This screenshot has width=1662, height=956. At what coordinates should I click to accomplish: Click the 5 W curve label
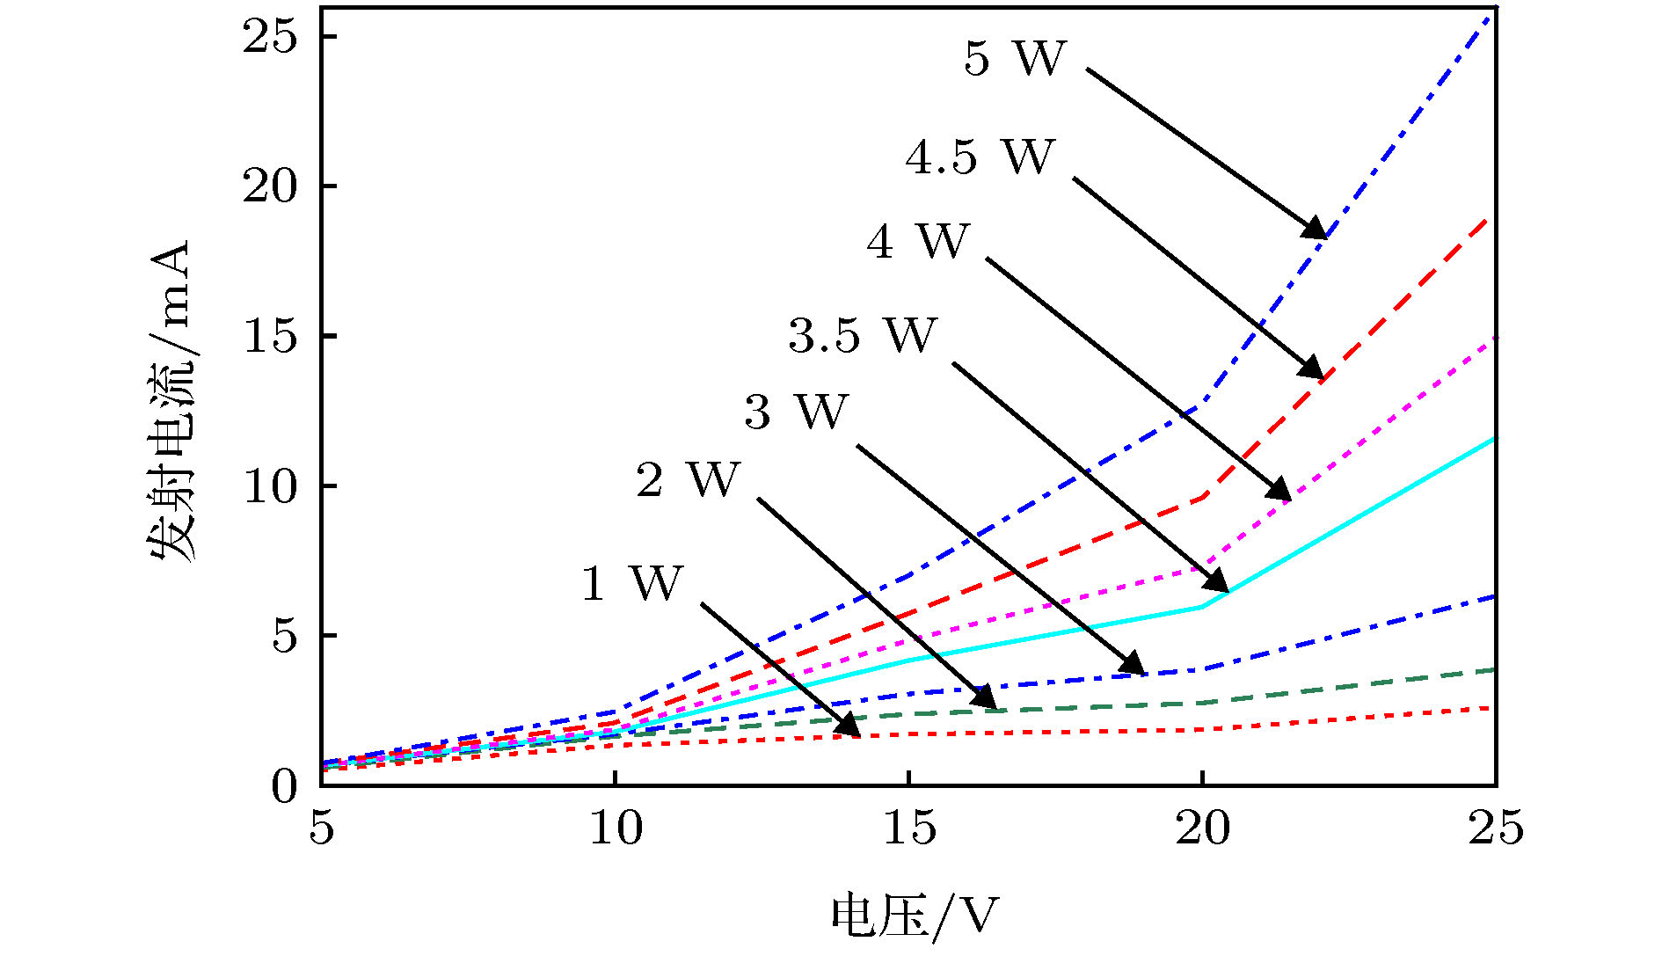[1014, 59]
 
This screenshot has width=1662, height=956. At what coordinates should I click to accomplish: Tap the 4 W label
[917, 241]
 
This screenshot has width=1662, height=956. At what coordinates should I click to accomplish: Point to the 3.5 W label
[863, 336]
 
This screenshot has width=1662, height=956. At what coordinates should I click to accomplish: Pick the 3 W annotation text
[796, 412]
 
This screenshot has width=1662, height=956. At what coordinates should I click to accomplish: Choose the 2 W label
[688, 480]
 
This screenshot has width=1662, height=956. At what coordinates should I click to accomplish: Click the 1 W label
[631, 583]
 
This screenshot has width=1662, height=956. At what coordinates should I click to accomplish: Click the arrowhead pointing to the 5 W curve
[1316, 230]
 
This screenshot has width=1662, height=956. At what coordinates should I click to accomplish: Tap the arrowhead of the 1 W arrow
[849, 726]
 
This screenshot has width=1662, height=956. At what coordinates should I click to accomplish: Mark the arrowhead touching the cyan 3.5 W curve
[1218, 582]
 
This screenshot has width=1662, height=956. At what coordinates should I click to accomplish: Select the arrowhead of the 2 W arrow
[986, 698]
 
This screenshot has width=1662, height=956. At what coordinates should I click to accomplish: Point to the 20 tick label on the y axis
[270, 186]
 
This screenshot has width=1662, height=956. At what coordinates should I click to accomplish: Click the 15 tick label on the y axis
[270, 336]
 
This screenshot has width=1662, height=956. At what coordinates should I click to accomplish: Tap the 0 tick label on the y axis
[284, 785]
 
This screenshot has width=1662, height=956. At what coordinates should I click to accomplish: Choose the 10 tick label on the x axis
[615, 828]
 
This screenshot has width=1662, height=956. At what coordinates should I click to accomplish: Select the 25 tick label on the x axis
[1495, 828]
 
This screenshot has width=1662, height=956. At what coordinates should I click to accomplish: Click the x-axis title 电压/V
[915, 917]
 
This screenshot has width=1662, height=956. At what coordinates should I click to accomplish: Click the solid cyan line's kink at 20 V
[1202, 606]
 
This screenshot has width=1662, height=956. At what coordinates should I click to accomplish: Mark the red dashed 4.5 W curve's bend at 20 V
[1202, 497]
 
